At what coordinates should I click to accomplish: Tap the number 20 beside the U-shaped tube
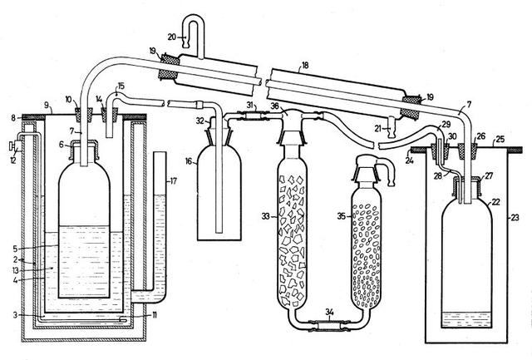click(x=171, y=37)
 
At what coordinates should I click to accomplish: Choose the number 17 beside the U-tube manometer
click(x=173, y=180)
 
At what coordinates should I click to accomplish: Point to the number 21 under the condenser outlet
click(x=378, y=129)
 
